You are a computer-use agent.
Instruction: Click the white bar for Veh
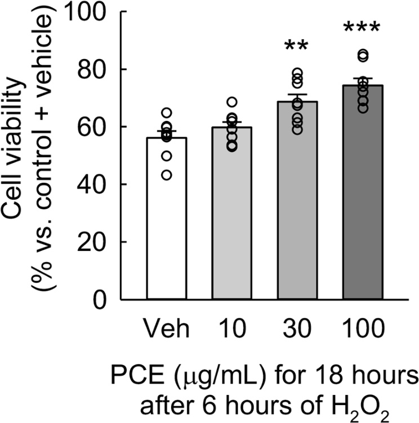(166, 225)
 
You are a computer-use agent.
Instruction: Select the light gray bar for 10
(231, 219)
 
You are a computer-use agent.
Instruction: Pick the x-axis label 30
(296, 327)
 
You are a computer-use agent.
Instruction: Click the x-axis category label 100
(362, 327)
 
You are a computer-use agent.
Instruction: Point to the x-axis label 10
(231, 327)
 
